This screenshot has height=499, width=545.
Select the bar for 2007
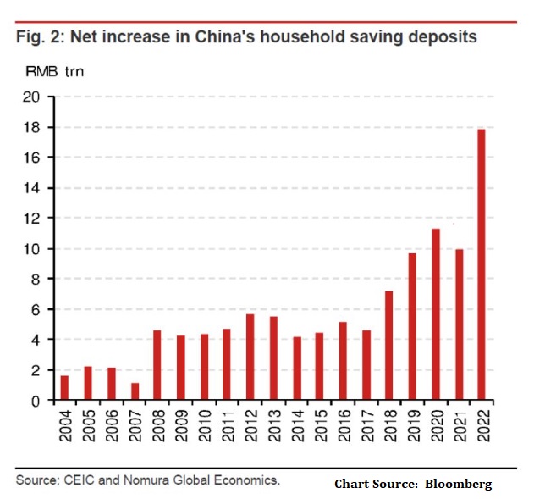click(135, 391)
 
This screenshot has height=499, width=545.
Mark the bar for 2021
click(459, 324)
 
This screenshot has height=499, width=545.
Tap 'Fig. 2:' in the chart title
click(40, 36)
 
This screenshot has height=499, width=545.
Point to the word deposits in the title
click(440, 36)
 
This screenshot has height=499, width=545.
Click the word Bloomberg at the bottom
click(461, 484)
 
